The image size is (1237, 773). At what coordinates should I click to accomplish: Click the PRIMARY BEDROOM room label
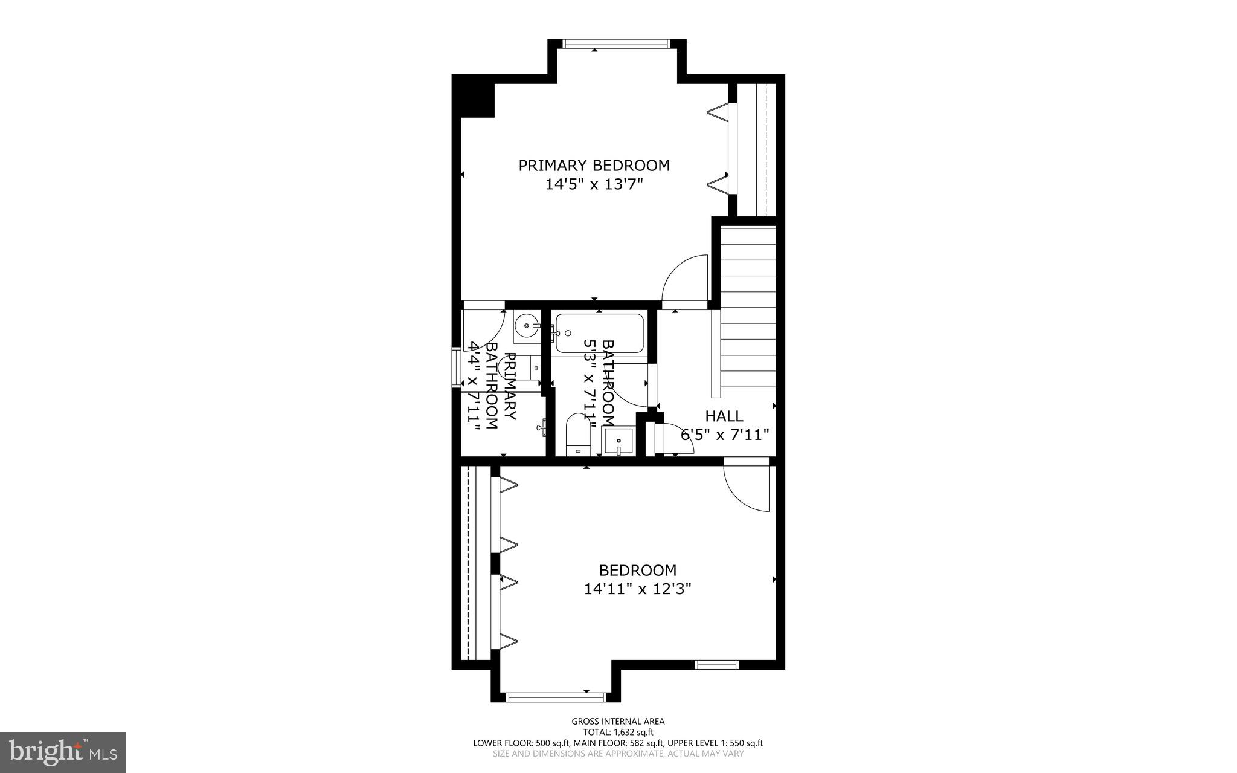(x=594, y=165)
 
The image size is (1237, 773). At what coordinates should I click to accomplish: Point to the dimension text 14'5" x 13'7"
(x=594, y=184)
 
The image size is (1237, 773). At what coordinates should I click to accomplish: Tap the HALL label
(x=724, y=416)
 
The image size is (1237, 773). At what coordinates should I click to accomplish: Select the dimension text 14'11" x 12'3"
(x=637, y=589)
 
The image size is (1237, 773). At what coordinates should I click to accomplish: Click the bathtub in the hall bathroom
(x=599, y=333)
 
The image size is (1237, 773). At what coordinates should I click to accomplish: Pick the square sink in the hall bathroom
(x=618, y=441)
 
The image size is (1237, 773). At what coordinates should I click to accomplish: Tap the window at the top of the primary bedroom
(x=616, y=44)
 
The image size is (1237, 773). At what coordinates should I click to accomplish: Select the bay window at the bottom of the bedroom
(x=556, y=697)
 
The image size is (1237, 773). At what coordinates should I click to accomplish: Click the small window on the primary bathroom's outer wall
(x=456, y=367)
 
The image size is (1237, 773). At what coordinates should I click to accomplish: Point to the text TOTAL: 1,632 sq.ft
(x=618, y=732)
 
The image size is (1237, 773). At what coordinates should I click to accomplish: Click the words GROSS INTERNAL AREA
(x=618, y=721)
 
